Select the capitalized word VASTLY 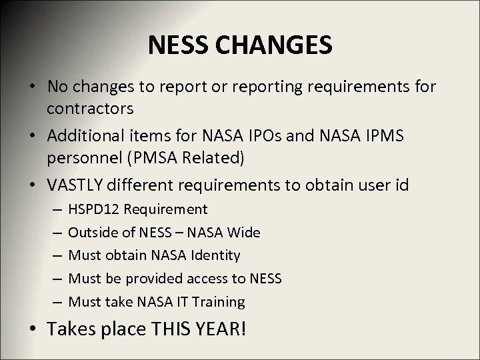click(x=75, y=184)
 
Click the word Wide click(x=245, y=233)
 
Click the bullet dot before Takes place click(x=33, y=329)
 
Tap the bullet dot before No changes click(x=33, y=87)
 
